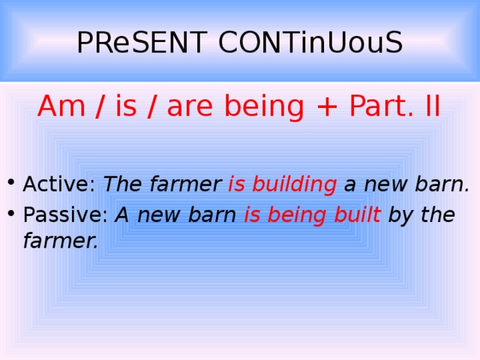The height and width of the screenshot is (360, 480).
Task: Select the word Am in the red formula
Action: (61, 107)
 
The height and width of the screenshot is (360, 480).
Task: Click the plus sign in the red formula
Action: (325, 107)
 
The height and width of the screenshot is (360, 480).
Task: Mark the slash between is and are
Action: (152, 107)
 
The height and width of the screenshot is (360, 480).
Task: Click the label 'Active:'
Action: (60, 184)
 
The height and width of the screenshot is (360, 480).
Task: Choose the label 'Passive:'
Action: (66, 215)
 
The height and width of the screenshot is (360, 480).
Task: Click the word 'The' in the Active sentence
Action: (120, 184)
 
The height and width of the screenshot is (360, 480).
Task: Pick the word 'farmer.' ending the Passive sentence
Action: (61, 241)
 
